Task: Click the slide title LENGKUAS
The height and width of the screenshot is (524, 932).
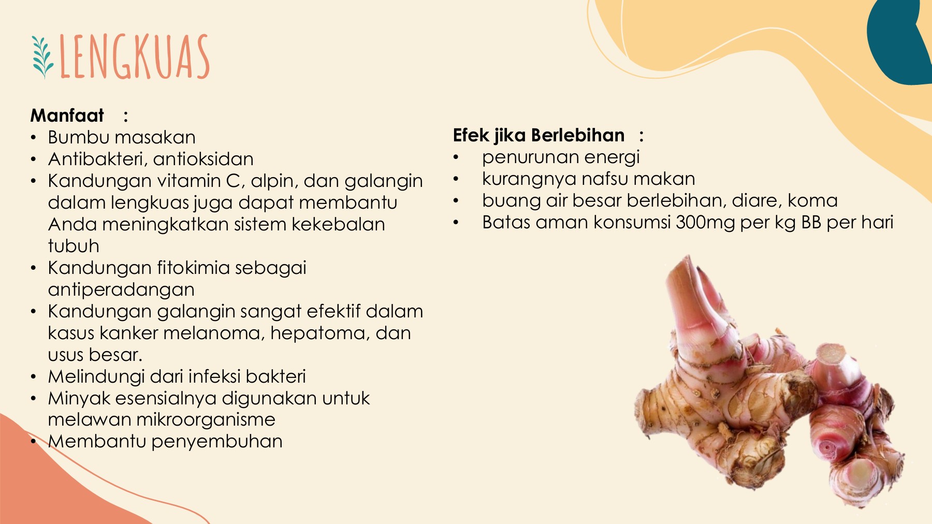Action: tap(135, 57)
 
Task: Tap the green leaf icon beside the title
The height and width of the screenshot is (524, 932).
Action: tap(42, 57)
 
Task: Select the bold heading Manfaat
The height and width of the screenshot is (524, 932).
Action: tap(67, 115)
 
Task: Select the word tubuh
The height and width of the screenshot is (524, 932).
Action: tap(74, 246)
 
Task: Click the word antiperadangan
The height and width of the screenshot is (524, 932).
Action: tap(121, 290)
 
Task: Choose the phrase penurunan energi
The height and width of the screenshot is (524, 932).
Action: tap(561, 157)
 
